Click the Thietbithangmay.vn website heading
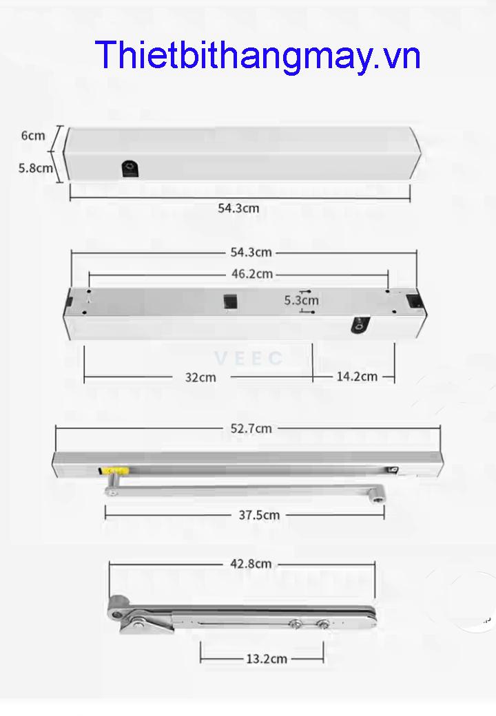coord(258,56)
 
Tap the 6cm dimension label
coord(33,135)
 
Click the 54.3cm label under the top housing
coord(238,208)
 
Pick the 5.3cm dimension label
coord(302,300)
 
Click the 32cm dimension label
coord(200,377)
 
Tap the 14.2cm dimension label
coord(357,377)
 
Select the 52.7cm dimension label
coord(251,428)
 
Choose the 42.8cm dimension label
coord(251,564)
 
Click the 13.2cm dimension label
coord(267,659)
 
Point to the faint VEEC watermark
coord(249,359)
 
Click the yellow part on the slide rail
coord(113,471)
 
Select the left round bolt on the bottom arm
coord(296,624)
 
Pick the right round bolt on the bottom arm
coord(322,624)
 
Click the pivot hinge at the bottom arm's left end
coord(121,611)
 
